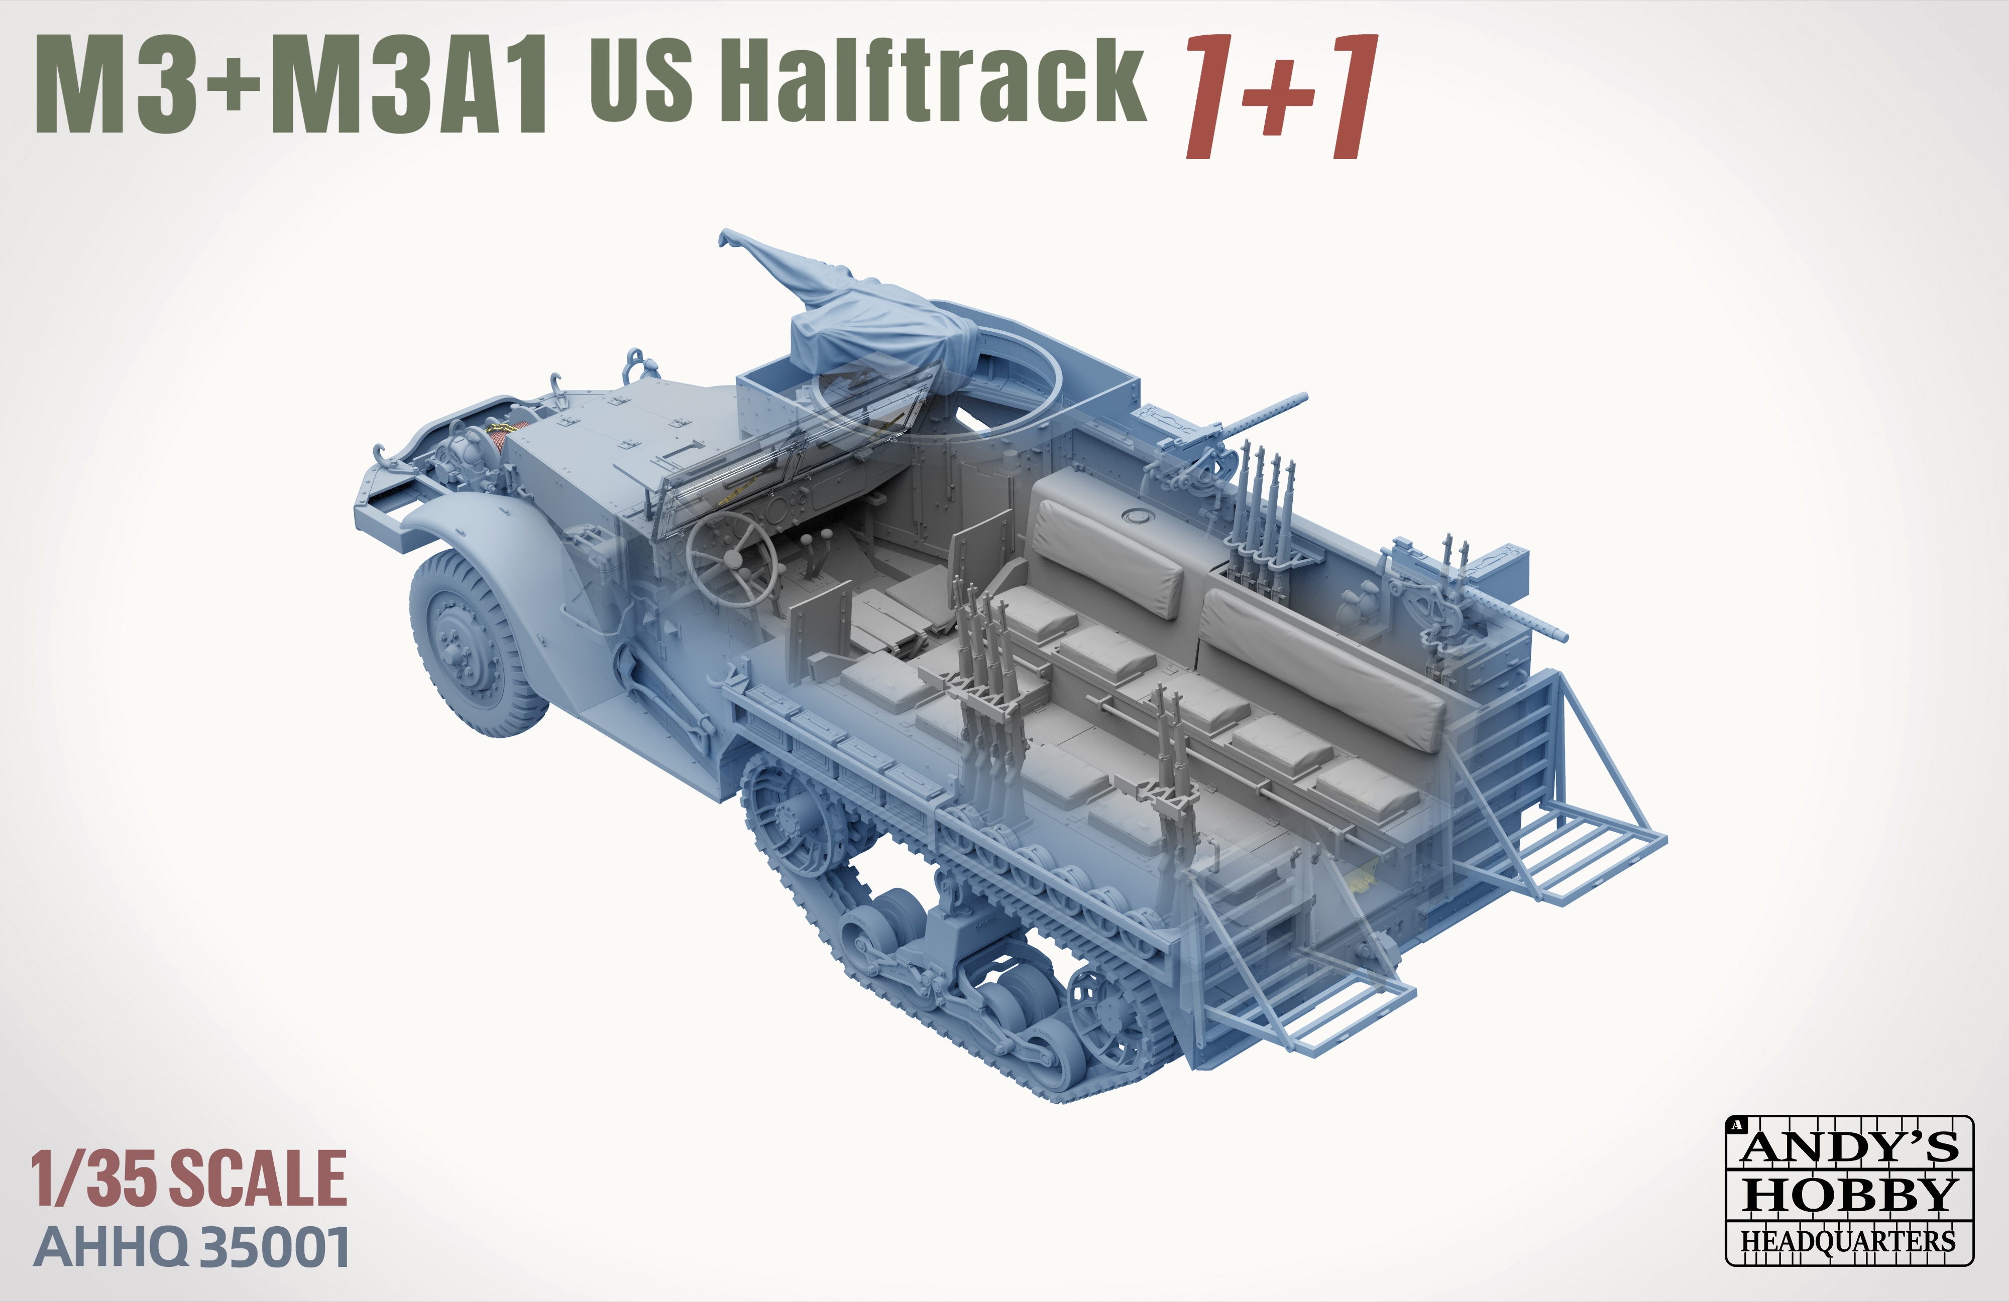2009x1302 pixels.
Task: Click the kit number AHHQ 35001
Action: (192, 1248)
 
